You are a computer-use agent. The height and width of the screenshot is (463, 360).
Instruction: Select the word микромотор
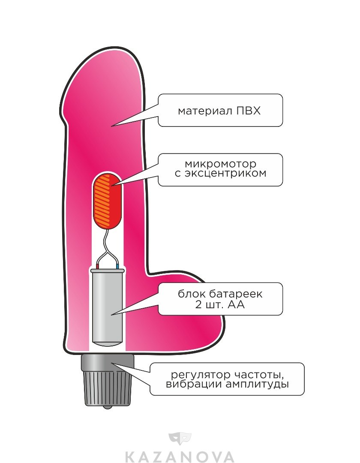tap(221, 164)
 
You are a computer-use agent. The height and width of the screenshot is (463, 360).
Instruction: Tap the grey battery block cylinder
tap(107, 307)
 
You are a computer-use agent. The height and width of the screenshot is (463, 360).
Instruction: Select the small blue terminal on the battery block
tap(118, 267)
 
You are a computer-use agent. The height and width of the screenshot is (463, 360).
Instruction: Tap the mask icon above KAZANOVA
tap(180, 439)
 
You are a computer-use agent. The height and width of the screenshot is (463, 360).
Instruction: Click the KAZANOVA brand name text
tap(180, 455)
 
